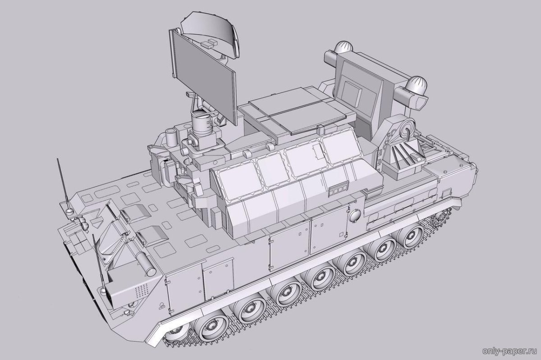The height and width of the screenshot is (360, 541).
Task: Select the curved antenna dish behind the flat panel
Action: [210, 34]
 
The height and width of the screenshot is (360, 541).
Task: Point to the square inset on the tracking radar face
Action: [353, 93]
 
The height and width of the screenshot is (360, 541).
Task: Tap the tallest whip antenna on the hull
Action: [63, 183]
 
